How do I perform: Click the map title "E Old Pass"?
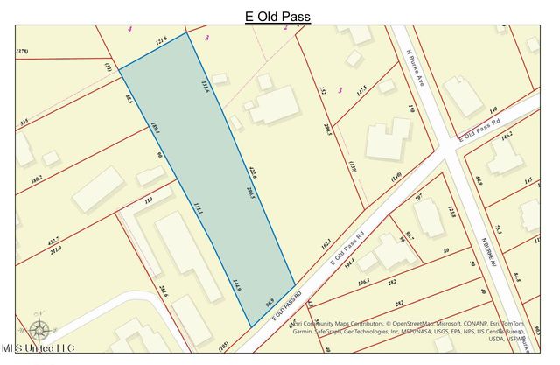(277, 17)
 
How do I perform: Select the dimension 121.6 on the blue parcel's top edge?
(161, 40)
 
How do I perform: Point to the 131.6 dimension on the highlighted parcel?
(205, 85)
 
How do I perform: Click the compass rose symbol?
(38, 329)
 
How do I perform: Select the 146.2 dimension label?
(507, 135)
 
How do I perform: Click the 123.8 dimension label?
(451, 210)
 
